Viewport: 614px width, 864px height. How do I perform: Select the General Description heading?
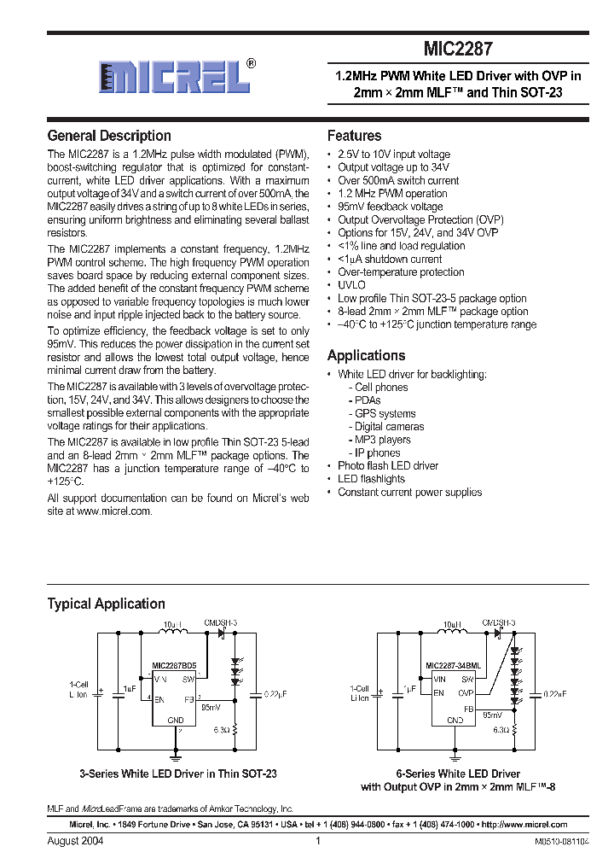(x=109, y=136)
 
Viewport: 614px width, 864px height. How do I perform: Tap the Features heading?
(x=354, y=136)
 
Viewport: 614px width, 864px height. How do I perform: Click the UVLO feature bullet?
(x=351, y=285)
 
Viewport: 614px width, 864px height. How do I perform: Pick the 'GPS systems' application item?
(x=385, y=413)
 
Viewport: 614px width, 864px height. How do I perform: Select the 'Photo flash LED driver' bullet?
(x=387, y=466)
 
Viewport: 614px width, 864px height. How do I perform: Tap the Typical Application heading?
(x=106, y=604)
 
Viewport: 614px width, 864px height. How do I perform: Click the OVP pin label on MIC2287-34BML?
(x=465, y=693)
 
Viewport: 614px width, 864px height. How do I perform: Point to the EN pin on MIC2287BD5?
(x=159, y=698)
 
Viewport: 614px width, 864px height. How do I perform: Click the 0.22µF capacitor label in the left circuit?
(x=275, y=693)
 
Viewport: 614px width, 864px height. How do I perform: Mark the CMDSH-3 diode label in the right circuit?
(x=499, y=624)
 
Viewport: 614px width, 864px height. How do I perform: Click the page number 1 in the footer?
(x=317, y=841)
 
